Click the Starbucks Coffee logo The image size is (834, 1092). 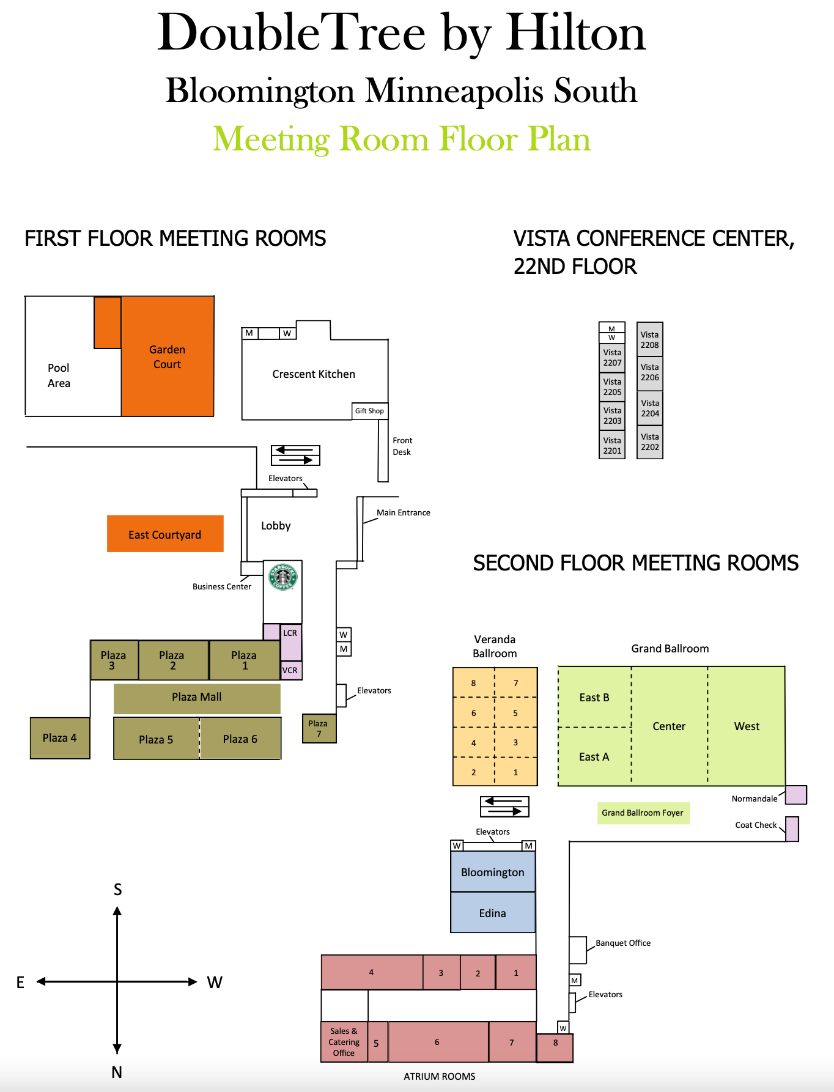coord(283,577)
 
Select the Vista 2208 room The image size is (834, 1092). coord(649,339)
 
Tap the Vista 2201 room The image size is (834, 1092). coord(612,445)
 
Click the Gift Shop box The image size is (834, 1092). coord(370,411)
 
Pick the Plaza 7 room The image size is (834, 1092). coord(319,728)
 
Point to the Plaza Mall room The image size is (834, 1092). coord(197,698)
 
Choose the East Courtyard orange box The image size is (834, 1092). coord(165,534)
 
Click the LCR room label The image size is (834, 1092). coord(290,633)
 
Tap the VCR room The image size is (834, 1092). coord(290,670)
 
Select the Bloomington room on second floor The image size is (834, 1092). coord(493,872)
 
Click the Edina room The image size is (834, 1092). coord(493,913)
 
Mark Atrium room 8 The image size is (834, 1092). coord(555,1047)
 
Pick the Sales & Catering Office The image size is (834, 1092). coord(344,1042)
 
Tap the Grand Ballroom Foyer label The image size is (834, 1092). coord(643,813)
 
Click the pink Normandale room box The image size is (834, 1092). coord(795,795)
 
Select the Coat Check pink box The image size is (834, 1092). coord(792,829)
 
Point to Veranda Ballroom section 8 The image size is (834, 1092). coord(473,683)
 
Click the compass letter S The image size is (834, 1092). coord(117,890)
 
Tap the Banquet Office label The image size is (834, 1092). coord(623,943)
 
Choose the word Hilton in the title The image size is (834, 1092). coord(575,34)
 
